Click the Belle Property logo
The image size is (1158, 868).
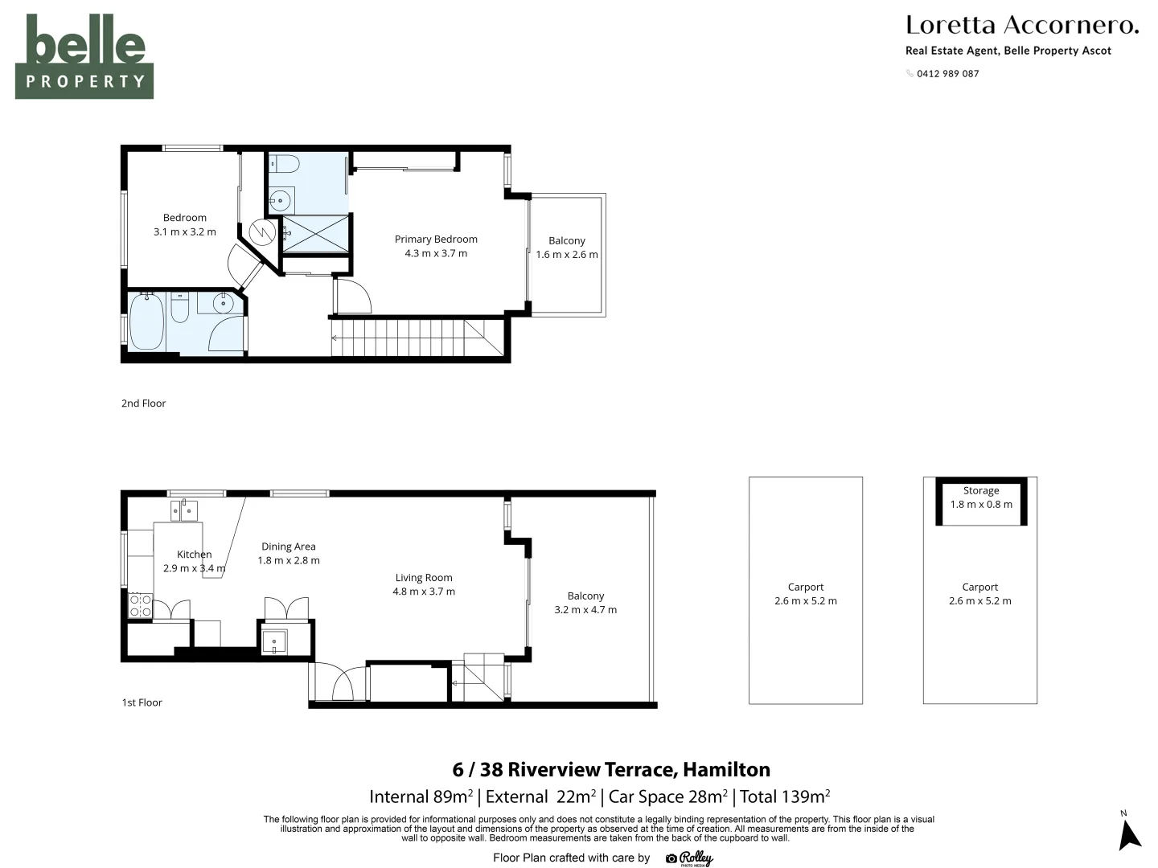84,56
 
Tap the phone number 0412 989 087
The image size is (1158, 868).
947,74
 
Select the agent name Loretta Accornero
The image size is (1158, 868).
1022,25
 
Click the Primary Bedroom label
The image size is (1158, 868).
436,240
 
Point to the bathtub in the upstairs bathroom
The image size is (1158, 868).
146,321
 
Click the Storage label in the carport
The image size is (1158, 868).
981,490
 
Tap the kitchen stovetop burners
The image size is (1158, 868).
141,605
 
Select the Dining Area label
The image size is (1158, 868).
289,547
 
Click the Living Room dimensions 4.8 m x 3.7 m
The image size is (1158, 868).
424,592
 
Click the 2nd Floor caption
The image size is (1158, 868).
143,403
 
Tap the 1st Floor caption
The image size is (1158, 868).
142,702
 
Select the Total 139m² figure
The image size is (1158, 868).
785,796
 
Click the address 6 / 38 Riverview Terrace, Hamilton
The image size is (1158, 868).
611,769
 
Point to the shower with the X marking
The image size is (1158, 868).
315,234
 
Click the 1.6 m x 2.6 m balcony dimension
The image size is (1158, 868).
567,255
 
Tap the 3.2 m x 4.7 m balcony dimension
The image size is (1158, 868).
585,610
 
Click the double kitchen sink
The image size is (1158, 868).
184,510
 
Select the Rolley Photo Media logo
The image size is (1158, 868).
689,858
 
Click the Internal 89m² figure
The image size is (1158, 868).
421,796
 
